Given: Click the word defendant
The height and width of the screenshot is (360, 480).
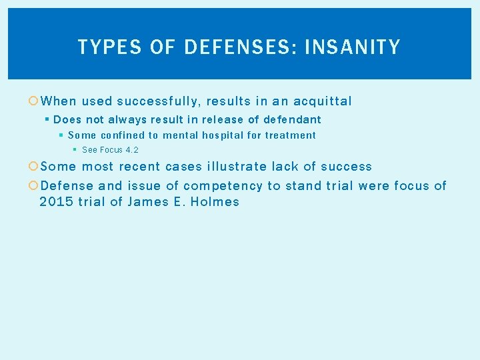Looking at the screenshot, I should [x=292, y=119].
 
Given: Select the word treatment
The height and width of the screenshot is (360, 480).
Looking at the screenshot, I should [x=291, y=135].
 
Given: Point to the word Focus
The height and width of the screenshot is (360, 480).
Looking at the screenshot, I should [x=111, y=150].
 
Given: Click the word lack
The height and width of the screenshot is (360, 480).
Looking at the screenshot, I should [x=285, y=167].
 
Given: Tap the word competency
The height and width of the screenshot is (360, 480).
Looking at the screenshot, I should [x=223, y=186].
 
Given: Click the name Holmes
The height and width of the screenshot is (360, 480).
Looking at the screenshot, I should [x=215, y=202].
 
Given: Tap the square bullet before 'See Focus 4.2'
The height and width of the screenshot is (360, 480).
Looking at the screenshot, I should [x=75, y=150].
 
